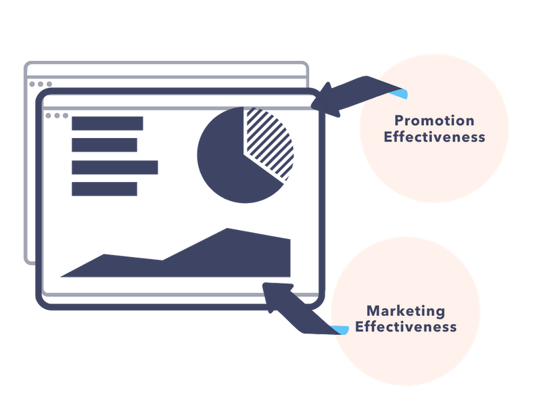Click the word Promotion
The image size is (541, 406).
tap(434, 121)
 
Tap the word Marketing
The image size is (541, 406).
tap(406, 311)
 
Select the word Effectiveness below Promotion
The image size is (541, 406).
tap(434, 137)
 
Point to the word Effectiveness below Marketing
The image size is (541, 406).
tap(406, 327)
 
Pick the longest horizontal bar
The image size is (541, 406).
tap(115, 167)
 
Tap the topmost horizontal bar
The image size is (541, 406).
tap(107, 124)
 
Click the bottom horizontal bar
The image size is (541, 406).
tap(104, 189)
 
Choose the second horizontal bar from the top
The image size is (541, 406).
tap(104, 145)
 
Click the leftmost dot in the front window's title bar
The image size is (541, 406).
tap(49, 116)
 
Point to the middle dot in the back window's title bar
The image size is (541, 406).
tap(40, 85)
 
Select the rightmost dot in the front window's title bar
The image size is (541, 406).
tap(65, 116)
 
